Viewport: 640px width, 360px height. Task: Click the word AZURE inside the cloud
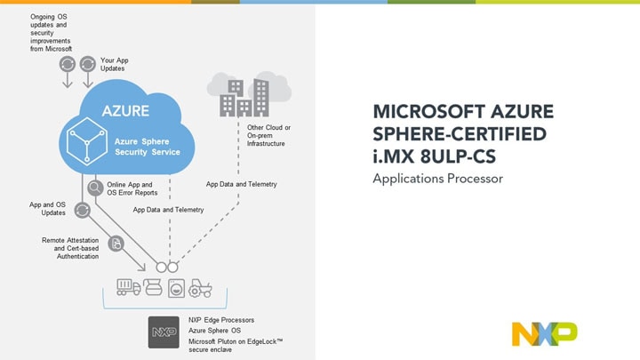[x=124, y=112]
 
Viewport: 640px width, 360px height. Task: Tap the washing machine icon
[x=176, y=288]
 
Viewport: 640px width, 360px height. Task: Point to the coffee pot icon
[x=153, y=288]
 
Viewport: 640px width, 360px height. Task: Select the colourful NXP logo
[x=544, y=332]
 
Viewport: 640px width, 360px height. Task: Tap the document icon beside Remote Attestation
[x=116, y=244]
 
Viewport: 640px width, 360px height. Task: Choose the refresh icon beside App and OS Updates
[x=82, y=210]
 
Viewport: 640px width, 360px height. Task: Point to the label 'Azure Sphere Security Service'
[x=147, y=146]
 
